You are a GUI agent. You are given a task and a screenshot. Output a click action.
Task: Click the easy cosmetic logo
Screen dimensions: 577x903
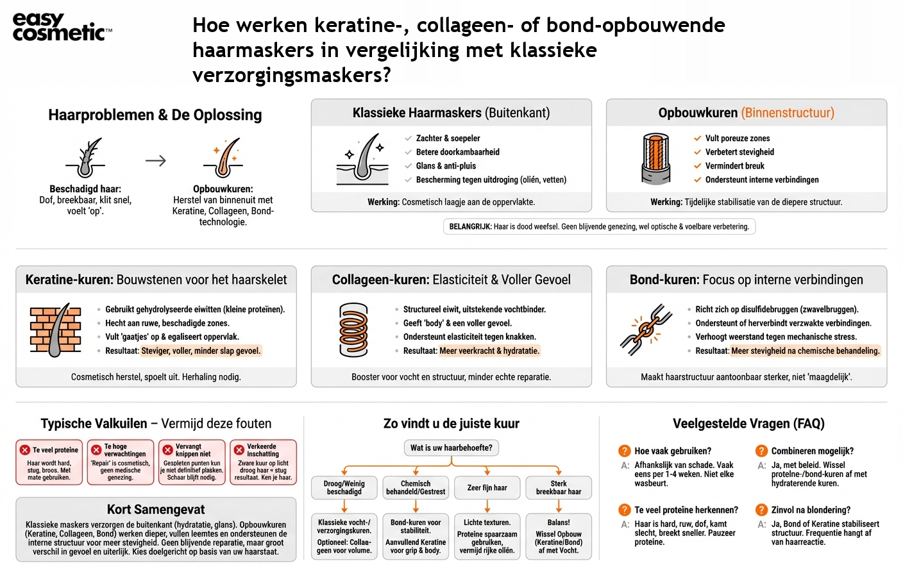point(62,27)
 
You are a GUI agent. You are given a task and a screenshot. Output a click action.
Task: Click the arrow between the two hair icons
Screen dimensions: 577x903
point(156,160)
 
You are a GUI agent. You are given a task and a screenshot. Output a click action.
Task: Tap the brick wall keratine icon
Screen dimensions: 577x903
point(56,330)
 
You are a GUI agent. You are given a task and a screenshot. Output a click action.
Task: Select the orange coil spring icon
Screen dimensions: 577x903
point(353,330)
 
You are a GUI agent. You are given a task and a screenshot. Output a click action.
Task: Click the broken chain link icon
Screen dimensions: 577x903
point(646,330)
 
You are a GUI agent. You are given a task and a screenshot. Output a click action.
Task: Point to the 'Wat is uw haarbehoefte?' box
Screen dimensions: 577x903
point(451,447)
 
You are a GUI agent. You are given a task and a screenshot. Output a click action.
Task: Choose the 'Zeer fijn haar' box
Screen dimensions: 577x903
point(487,488)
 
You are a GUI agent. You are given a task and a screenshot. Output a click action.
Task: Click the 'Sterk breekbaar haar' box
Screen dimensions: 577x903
point(558,488)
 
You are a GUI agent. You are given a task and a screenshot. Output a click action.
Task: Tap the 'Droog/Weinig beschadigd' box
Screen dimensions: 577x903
point(344,488)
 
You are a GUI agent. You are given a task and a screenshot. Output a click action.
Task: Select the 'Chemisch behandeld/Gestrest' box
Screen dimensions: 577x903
point(416,488)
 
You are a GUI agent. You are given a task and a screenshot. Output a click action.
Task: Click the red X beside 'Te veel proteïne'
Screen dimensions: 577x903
point(25,450)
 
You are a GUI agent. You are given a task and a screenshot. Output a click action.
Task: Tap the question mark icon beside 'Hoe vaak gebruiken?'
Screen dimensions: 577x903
point(624,451)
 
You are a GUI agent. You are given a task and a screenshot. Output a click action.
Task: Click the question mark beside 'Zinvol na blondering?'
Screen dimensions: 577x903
point(761,510)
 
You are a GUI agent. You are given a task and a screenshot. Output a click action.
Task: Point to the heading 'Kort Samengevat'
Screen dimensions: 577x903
point(156,510)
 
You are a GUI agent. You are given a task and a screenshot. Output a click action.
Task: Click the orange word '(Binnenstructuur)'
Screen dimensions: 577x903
point(788,113)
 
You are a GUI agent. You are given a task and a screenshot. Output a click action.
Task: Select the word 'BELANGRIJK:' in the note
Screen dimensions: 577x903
point(470,226)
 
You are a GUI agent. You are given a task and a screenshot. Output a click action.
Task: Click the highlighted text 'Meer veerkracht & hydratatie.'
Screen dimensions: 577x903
point(490,351)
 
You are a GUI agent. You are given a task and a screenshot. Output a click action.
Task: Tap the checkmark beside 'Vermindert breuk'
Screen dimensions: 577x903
point(697,166)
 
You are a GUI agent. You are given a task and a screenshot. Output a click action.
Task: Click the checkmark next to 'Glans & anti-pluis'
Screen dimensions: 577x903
point(409,166)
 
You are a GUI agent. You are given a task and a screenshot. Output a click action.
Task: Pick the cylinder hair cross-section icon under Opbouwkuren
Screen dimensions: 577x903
point(655,159)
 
